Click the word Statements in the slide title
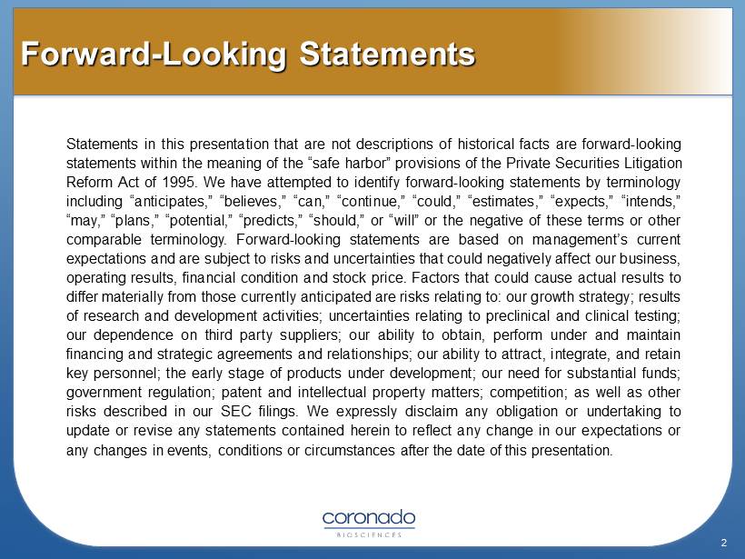pyautogui.click(x=387, y=54)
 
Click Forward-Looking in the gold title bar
pyautogui.click(x=154, y=55)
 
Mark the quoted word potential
pyautogui.click(x=197, y=221)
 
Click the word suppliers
pyautogui.click(x=309, y=335)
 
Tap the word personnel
pyautogui.click(x=124, y=374)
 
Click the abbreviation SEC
pyautogui.click(x=235, y=411)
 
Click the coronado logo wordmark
pyautogui.click(x=369, y=518)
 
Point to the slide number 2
pyautogui.click(x=724, y=543)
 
